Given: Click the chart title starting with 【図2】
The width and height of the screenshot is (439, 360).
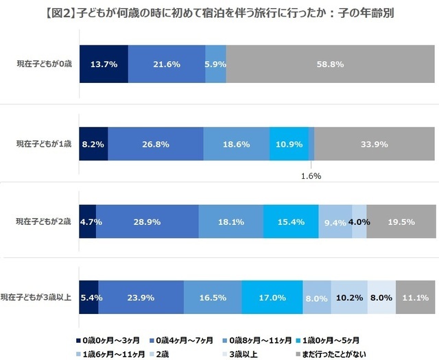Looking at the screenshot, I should (219, 12).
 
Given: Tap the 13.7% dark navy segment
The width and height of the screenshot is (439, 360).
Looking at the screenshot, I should (104, 64).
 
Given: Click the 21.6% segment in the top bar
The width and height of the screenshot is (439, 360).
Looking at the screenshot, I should (167, 64).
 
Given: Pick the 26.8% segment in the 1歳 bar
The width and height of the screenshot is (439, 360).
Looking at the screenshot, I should (156, 143).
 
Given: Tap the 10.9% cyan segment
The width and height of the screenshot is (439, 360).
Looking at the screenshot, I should (289, 143).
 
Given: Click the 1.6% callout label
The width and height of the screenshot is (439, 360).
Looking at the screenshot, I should (311, 176).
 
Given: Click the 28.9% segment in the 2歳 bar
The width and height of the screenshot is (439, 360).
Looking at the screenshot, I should (147, 221).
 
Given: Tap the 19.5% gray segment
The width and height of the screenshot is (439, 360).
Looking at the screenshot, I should (401, 221).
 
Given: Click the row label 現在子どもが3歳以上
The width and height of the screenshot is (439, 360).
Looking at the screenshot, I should (38, 298).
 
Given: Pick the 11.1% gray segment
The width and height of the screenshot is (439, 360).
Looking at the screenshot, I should (415, 298).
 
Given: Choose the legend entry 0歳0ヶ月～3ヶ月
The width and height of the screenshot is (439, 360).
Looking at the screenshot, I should (110, 339).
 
